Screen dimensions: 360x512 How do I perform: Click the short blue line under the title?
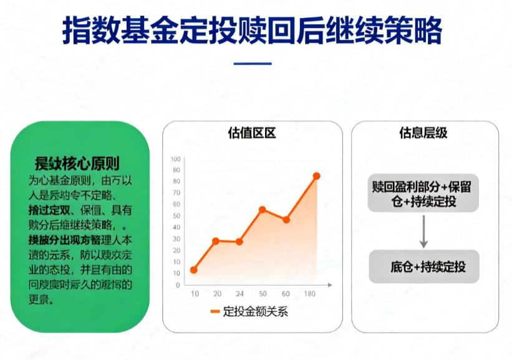(253, 64)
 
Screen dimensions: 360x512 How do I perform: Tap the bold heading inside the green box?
(77, 164)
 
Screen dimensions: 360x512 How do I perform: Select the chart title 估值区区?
(252, 133)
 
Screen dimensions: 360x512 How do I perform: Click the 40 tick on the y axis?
(176, 228)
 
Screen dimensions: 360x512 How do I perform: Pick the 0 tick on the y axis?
(178, 285)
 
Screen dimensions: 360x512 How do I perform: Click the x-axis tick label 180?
(309, 294)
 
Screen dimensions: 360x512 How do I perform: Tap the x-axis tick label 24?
(239, 294)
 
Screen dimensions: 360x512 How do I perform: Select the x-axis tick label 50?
(263, 294)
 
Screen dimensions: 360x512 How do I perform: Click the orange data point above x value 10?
(194, 270)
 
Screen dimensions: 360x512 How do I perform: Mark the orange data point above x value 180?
(316, 176)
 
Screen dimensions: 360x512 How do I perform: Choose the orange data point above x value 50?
(263, 209)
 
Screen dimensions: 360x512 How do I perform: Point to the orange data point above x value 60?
(286, 220)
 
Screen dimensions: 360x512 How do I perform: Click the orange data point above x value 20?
(216, 241)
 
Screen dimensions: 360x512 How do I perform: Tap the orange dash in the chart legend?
(215, 312)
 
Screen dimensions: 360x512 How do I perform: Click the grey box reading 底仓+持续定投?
(424, 267)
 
